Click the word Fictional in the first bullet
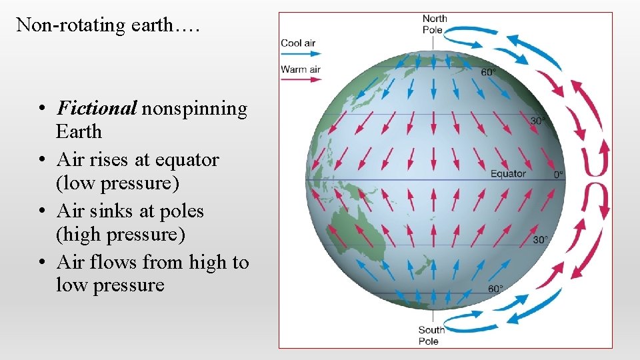point(97,108)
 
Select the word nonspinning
point(194,108)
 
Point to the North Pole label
point(434,24)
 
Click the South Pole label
point(431,335)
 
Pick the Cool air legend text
point(298,43)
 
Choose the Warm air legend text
point(301,69)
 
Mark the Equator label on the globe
point(508,174)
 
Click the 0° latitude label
point(558,175)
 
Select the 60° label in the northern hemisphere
point(489,72)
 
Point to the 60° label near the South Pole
point(495,289)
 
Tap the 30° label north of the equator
point(538,121)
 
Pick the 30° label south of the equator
point(540,240)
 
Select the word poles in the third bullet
point(181,211)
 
